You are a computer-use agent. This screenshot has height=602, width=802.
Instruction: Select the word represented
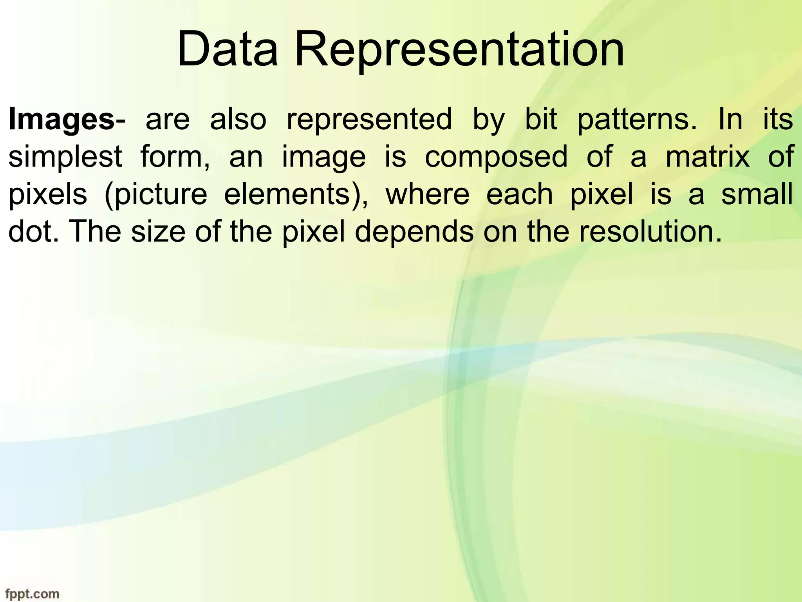(369, 119)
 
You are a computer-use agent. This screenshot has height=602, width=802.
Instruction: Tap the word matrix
(708, 157)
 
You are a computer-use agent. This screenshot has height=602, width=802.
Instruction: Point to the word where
(427, 194)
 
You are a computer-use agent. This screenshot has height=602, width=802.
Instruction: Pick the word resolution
(650, 232)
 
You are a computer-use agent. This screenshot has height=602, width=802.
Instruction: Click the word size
(158, 232)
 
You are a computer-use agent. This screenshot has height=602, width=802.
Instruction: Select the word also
(238, 119)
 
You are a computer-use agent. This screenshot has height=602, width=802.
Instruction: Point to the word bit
(541, 119)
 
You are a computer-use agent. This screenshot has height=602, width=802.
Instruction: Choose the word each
(519, 194)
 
